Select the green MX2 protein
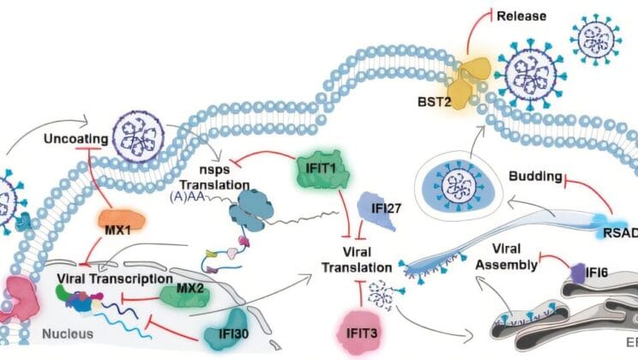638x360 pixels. pyautogui.click(x=184, y=295)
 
